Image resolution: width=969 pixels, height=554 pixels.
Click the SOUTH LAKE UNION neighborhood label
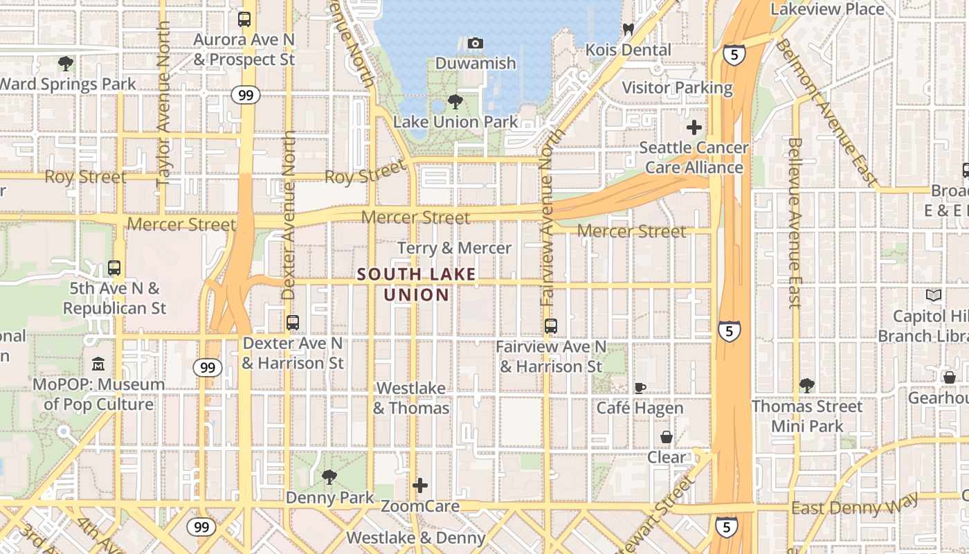[x=417, y=285]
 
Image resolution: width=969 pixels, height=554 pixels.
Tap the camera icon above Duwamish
[x=475, y=44]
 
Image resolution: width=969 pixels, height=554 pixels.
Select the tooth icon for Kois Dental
[x=628, y=29]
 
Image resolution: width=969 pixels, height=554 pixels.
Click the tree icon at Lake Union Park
[x=455, y=102]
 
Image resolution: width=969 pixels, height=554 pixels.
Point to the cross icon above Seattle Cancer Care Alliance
[x=694, y=127]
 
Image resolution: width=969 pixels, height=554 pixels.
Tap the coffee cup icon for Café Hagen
[x=640, y=388]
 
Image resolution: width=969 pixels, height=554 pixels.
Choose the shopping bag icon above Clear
[x=666, y=437]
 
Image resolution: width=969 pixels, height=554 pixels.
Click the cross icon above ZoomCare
[x=419, y=485]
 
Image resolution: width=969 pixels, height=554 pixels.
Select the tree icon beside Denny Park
[x=329, y=477]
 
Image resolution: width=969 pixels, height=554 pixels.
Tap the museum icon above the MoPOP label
[x=98, y=364]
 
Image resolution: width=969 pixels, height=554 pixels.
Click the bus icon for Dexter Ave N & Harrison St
[x=292, y=323]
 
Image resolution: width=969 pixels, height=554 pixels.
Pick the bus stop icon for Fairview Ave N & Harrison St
[x=551, y=325]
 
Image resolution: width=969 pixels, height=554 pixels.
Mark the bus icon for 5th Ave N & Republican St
[x=114, y=267]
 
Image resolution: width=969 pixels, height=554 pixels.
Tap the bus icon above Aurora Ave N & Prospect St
[x=244, y=19]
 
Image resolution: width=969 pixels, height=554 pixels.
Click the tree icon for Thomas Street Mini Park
[x=806, y=386]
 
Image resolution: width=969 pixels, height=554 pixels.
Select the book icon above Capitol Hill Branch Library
[x=934, y=296]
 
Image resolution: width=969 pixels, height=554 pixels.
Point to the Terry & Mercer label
[x=454, y=248]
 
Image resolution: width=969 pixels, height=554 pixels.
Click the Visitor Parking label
[x=677, y=88]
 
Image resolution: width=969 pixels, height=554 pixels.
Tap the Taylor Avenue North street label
[x=163, y=104]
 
